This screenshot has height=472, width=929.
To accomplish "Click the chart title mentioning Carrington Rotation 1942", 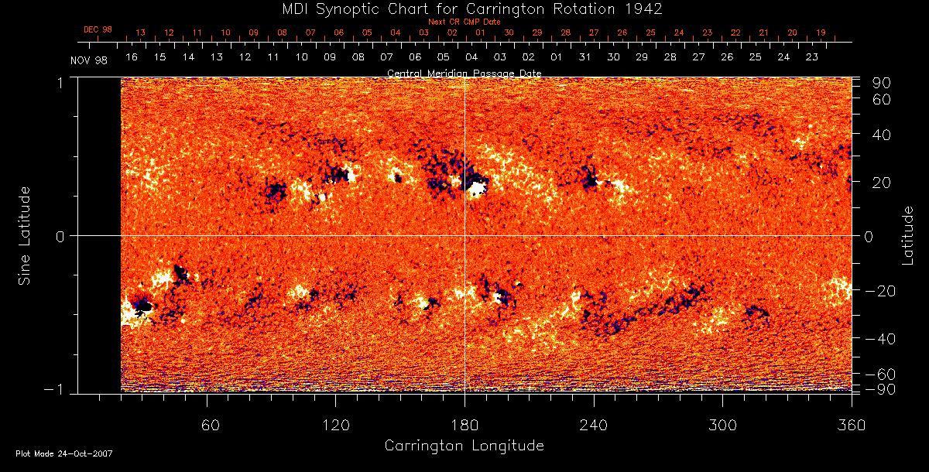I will pyautogui.click(x=464, y=9).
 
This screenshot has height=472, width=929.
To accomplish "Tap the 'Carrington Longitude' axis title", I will pyautogui.click(x=464, y=446).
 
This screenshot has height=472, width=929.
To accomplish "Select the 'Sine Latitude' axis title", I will pyautogui.click(x=25, y=235).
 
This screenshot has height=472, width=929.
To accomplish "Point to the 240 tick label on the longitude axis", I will pyautogui.click(x=593, y=426).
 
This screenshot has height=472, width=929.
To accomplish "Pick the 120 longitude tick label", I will pyautogui.click(x=335, y=426).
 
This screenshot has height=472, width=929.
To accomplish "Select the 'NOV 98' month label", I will pyautogui.click(x=88, y=61).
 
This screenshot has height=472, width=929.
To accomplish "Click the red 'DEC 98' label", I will pyautogui.click(x=98, y=29).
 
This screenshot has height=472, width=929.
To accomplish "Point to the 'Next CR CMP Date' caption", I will pyautogui.click(x=464, y=22).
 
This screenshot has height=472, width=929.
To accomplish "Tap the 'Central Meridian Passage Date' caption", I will pyautogui.click(x=464, y=73).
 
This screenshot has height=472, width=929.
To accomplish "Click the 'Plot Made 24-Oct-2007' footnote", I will pyautogui.click(x=64, y=453).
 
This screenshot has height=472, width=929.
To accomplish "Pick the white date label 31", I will pyautogui.click(x=584, y=57).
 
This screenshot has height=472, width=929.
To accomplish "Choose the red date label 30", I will pyautogui.click(x=509, y=32).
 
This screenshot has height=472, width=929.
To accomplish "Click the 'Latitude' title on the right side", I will pyautogui.click(x=908, y=235).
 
